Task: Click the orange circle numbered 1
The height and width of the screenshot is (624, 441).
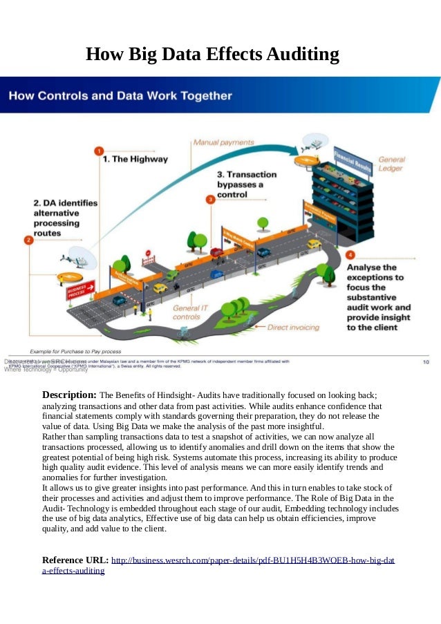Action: click(x=99, y=151)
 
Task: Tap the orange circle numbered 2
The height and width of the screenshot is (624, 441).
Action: click(x=28, y=240)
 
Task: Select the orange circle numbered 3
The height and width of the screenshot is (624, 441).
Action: click(x=210, y=199)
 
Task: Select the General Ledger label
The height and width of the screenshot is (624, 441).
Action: click(x=392, y=164)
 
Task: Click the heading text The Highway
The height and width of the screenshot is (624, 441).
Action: click(x=135, y=159)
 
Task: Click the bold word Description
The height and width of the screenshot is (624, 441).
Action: click(x=69, y=395)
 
